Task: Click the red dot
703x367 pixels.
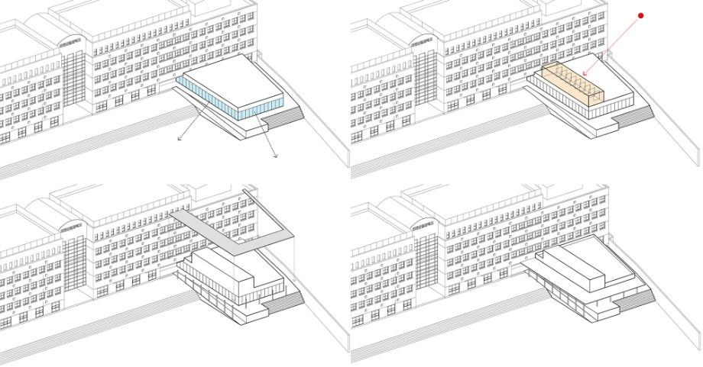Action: (641, 15)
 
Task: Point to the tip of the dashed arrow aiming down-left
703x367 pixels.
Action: (178, 140)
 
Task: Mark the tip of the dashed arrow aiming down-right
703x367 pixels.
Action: (276, 157)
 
